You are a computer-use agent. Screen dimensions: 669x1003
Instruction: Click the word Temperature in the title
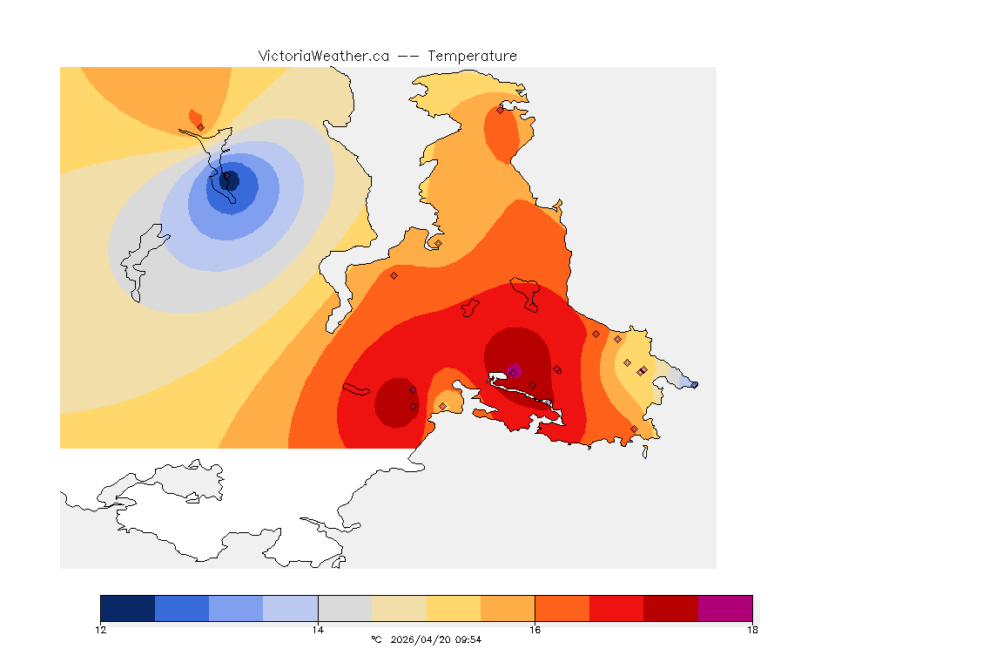coord(472,56)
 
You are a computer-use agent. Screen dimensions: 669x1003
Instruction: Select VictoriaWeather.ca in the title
coord(323,56)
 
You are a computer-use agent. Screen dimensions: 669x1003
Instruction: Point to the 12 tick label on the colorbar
coord(101,630)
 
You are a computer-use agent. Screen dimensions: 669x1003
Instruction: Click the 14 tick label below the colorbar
coord(318,630)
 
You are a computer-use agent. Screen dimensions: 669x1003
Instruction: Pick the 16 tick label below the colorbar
coord(535,630)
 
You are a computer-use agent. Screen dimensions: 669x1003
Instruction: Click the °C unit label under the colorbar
coord(376,639)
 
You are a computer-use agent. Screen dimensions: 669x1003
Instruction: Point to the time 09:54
coord(468,639)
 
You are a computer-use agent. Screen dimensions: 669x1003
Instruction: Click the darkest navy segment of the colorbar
coord(127,608)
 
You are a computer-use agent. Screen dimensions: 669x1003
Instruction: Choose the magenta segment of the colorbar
coord(725,608)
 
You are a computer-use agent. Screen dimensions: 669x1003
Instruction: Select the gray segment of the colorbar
coord(345,608)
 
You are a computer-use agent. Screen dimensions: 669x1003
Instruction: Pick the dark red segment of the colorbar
coord(670,608)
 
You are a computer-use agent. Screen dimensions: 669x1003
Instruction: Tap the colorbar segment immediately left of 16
coord(508,608)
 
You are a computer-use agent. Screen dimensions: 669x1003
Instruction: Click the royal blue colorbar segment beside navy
coord(182,608)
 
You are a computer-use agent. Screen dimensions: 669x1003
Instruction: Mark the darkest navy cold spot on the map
coord(230,180)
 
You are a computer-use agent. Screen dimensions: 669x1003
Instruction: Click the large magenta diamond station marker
coord(515,370)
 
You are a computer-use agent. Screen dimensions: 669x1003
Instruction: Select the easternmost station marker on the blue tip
coord(694,384)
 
